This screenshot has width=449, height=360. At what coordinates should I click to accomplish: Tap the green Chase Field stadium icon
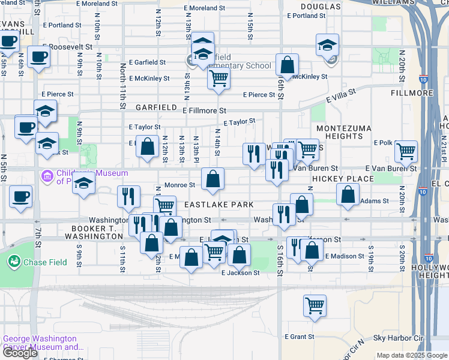coord(14,262)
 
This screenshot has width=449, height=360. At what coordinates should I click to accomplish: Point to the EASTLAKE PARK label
coord(219,205)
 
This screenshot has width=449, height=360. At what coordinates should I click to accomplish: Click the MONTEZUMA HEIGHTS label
coord(340,133)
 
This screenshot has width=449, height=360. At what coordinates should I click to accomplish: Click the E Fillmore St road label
coord(204,110)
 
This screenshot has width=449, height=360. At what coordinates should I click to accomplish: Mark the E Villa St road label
coord(341,95)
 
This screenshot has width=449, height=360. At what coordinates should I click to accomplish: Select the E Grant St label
coord(298,337)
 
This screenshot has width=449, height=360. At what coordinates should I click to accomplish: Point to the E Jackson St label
coord(240,272)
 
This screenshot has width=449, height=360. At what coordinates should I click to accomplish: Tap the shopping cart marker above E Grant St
coord(315,306)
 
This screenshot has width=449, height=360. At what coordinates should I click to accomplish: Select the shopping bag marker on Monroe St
coord(212,179)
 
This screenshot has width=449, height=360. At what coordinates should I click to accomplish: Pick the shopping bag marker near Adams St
coord(348,195)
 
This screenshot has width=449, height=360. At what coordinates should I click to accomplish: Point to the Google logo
coord(20,353)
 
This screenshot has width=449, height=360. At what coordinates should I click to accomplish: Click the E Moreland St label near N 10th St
coord(101,4)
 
